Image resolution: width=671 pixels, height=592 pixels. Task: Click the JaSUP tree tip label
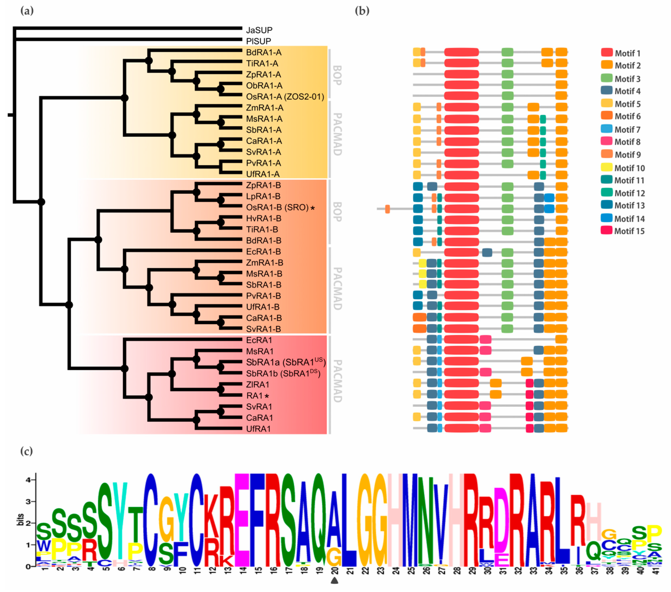coord(259,30)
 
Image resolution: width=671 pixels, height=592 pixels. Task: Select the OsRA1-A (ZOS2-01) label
coord(285,97)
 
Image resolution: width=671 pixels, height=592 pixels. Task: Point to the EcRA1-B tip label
coord(263,252)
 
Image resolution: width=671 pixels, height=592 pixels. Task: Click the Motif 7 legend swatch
coord(607,129)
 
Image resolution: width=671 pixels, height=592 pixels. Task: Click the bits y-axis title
coord(20,519)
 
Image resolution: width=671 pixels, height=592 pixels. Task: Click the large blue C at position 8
coord(151,520)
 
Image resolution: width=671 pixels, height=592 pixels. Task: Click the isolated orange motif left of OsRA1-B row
coord(387,209)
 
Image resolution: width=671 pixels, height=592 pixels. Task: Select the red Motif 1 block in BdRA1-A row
coord(461,52)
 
